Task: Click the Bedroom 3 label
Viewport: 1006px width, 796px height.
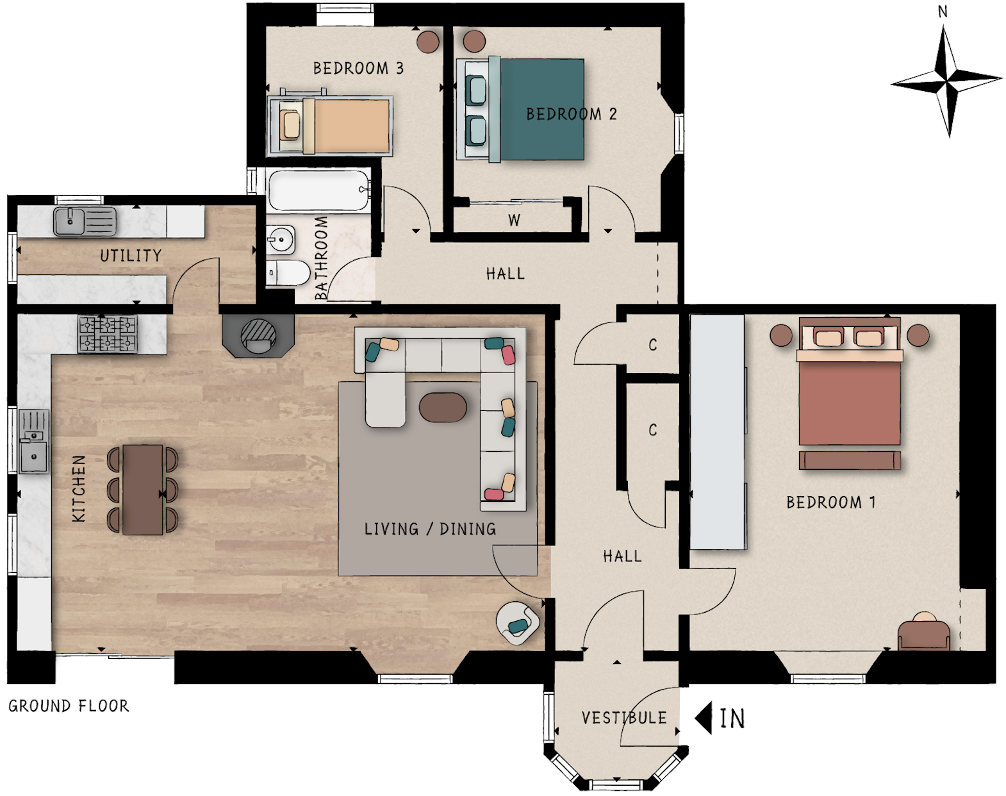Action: coord(358,69)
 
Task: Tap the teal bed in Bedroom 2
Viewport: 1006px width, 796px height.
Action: coord(520,110)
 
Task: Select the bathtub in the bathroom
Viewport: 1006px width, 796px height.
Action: coord(319,190)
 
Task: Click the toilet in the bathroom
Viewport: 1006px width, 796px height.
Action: coord(288,272)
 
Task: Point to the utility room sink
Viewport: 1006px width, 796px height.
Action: coord(85,221)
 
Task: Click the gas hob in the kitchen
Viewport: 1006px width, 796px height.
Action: coord(108,334)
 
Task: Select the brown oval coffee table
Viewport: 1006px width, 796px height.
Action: coord(443,408)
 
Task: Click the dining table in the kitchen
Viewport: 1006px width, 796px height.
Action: coord(143,490)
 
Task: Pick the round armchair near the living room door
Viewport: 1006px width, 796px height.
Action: coord(517,623)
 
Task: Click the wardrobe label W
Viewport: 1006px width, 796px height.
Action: coord(515,220)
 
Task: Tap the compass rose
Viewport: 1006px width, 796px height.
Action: coord(946,82)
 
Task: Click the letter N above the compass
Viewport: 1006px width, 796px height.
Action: coord(943,12)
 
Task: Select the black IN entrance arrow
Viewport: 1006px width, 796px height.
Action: coord(703,718)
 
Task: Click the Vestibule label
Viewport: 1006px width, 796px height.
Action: coord(624,718)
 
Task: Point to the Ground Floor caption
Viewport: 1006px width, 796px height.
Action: coord(69,706)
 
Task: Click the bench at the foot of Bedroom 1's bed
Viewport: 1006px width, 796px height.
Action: coord(850,460)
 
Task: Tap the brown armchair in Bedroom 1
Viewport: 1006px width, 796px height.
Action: coord(924,633)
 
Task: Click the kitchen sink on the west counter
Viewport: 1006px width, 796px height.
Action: coord(34,442)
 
